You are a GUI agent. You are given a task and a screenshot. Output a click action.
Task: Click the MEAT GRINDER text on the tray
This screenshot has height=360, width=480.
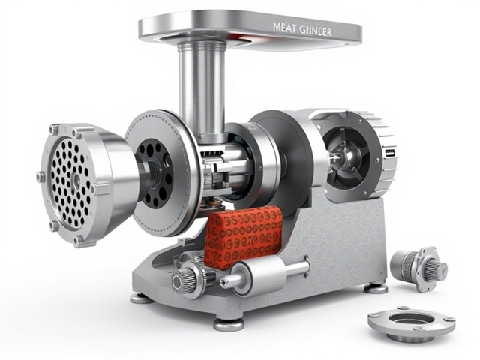pos(301,30)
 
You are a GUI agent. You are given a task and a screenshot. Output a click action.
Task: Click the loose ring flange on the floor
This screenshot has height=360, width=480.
pos(412,325)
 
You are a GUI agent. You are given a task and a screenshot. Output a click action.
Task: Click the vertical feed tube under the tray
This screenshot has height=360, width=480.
pos(202,91)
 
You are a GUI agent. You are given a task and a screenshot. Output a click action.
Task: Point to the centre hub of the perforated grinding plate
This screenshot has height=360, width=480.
pos(75,178)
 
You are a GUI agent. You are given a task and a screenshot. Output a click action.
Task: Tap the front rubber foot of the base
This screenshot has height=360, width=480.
pos(229,324)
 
